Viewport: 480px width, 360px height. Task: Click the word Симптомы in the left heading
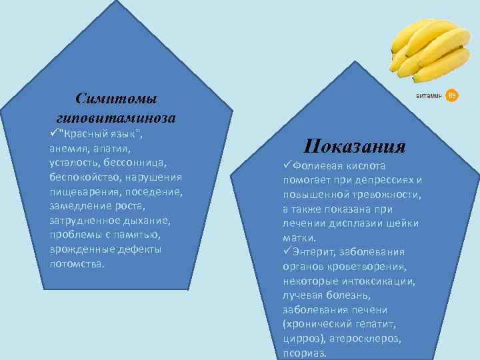117,99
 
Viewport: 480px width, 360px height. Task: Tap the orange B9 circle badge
451,96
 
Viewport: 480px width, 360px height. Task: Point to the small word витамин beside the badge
429,97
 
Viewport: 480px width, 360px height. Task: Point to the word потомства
76,263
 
